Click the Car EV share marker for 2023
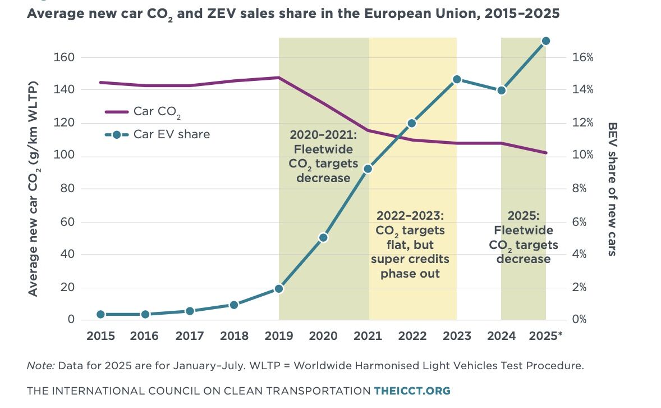tap(457, 79)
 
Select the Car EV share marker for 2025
tap(545, 41)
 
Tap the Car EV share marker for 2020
tap(323, 238)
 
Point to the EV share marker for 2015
tap(101, 314)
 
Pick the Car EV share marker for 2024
tap(502, 90)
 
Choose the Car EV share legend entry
tap(157, 134)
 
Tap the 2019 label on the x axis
tap(278, 336)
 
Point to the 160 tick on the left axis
tap(65, 57)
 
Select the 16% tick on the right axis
tap(582, 57)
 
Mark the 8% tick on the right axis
tap(580, 189)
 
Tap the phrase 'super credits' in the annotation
tap(410, 260)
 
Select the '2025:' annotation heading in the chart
tap(523, 216)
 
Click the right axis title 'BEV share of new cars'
tap(612, 189)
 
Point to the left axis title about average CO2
tap(34, 189)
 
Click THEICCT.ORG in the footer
tap(412, 391)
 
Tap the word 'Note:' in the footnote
tap(39, 366)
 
